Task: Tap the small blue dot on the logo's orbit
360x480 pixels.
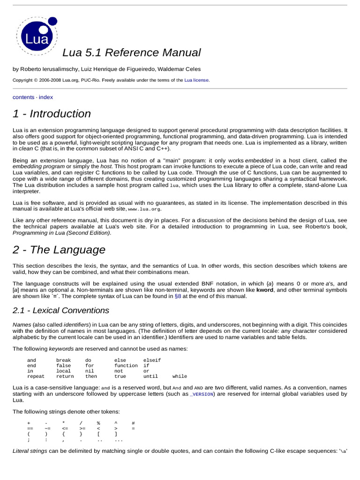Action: pyautogui.click(x=53, y=21)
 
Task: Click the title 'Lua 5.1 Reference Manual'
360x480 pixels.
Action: pyautogui.click(x=132, y=52)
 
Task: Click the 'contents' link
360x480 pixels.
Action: pyautogui.click(x=23, y=97)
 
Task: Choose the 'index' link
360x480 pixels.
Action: pyautogui.click(x=46, y=97)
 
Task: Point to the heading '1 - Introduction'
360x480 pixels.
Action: pyautogui.click(x=52, y=114)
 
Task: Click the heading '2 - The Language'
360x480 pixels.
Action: pyautogui.click(x=59, y=250)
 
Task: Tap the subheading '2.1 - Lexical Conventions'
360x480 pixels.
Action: pyautogui.click(x=60, y=310)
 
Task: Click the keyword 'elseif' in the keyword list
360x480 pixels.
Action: pyautogui.click(x=152, y=360)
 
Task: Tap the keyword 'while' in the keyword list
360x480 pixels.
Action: pyautogui.click(x=180, y=376)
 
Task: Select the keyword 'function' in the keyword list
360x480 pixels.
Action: pyautogui.click(x=126, y=365)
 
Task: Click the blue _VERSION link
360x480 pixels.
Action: pyautogui.click(x=202, y=394)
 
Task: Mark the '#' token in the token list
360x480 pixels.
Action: pyautogui.click(x=133, y=423)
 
